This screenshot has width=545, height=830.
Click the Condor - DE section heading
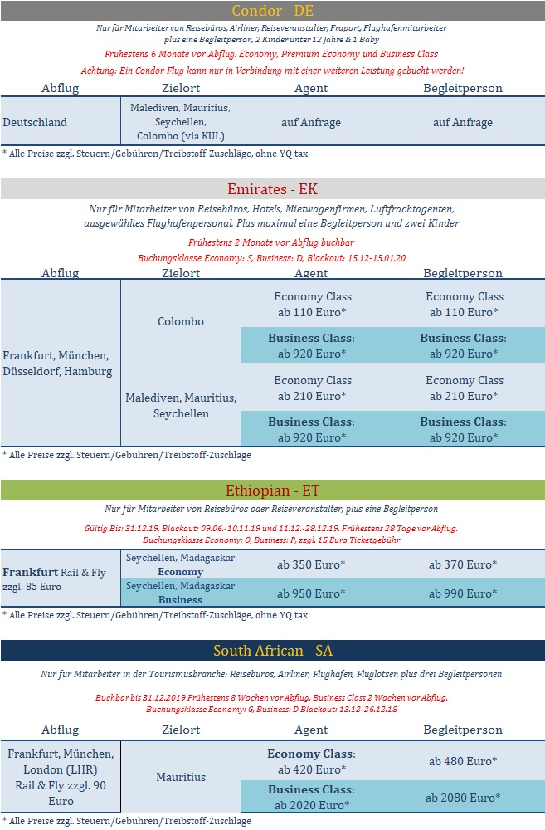pos(272,10)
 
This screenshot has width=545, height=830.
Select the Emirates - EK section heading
pos(272,189)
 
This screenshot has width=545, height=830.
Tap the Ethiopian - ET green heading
pos(272,491)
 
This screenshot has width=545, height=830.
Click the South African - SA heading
pos(272,650)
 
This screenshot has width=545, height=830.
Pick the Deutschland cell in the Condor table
pos(35,122)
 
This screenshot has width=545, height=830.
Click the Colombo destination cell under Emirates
pos(180,321)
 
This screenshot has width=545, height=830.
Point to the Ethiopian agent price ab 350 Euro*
pos(311,564)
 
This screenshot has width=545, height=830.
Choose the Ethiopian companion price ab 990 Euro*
pos(463,593)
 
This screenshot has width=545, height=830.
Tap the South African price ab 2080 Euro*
pos(463,797)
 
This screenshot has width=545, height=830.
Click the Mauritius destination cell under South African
pos(180,777)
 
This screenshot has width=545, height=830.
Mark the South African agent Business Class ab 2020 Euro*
pos(311,797)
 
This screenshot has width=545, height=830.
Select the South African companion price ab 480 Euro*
pos(463,760)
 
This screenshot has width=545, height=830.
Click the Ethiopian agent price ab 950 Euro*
pos(311,593)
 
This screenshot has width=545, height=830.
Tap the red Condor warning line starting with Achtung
pos(272,71)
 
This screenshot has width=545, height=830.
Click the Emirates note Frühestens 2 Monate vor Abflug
pos(272,242)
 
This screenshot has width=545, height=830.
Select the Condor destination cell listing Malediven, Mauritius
pos(180,122)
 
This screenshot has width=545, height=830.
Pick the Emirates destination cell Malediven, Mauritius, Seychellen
pos(180,405)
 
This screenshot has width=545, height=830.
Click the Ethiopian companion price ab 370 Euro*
pos(463,564)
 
